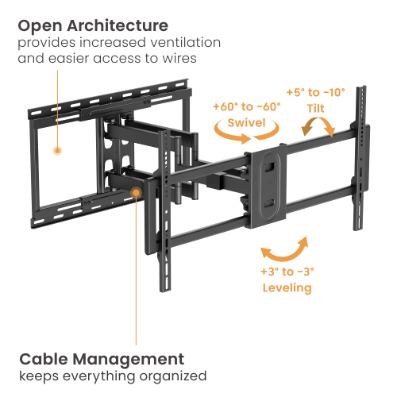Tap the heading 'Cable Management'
102,358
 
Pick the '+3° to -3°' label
286,272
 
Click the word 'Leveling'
286,287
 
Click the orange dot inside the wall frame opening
57,149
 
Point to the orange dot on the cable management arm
137,191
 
